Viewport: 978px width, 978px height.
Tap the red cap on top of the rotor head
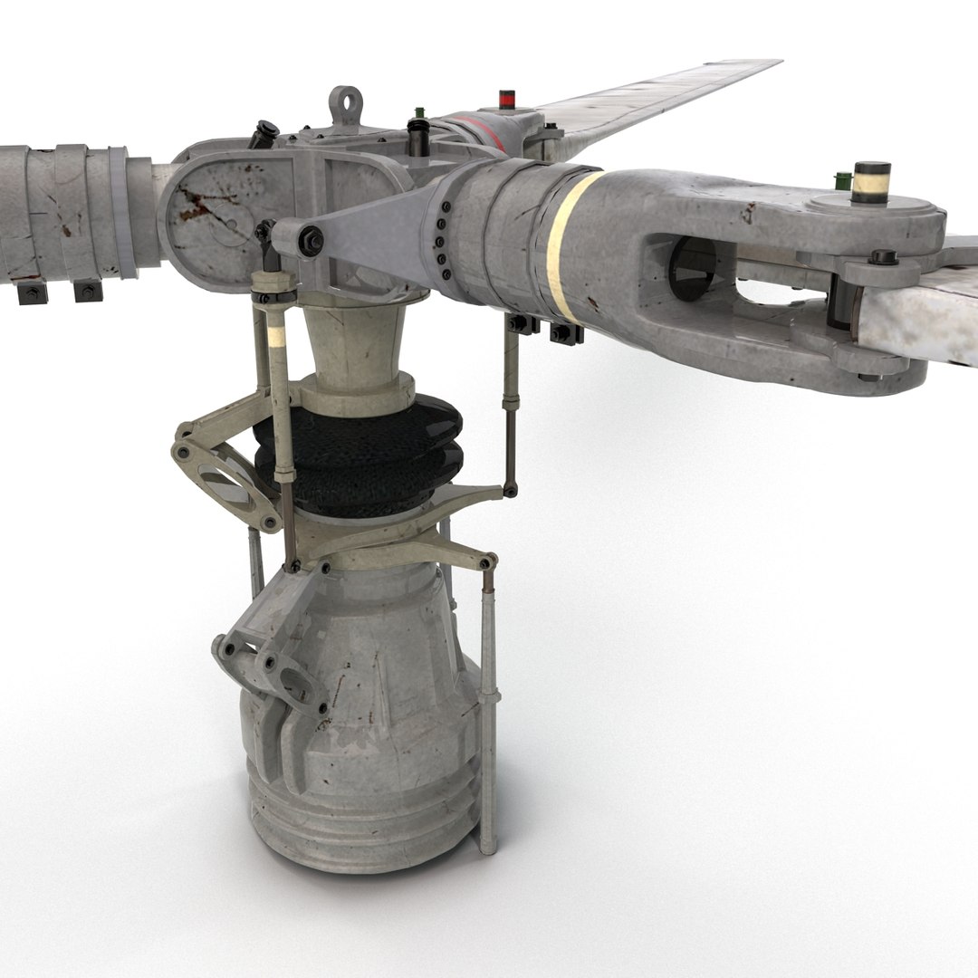click(507, 99)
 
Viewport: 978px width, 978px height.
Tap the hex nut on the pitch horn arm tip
click(312, 241)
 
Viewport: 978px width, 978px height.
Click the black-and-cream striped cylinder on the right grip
click(871, 182)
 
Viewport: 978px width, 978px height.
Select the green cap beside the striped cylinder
click(843, 180)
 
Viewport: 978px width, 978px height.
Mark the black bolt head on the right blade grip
click(883, 257)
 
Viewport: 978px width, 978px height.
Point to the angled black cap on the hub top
click(264, 133)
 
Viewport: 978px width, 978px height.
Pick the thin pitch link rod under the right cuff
click(511, 407)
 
